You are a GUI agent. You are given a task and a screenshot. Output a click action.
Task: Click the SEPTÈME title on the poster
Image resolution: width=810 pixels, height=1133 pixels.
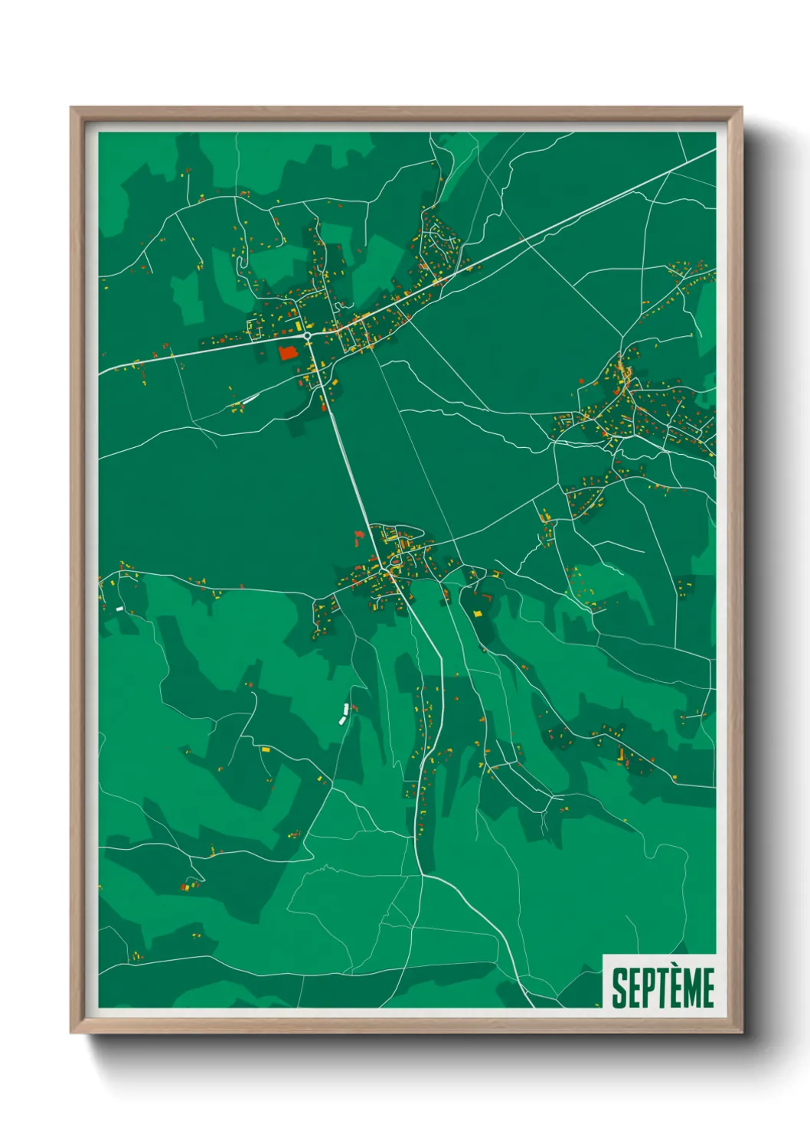click(x=663, y=987)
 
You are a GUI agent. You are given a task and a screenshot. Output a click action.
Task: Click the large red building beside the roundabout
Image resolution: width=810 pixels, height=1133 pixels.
click(x=288, y=352)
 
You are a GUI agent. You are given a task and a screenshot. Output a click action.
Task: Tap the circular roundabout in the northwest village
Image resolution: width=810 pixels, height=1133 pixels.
click(x=307, y=335)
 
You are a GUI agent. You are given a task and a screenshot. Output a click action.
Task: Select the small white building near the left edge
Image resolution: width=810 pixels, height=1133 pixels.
click(x=119, y=608)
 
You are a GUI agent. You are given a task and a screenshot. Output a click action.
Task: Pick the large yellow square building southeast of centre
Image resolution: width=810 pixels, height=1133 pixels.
click(x=478, y=613)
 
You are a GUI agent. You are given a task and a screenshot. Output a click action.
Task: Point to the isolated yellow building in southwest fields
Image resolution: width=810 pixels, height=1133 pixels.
click(x=266, y=749)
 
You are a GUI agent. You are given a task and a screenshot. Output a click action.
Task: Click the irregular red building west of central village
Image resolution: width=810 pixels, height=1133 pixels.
click(x=358, y=537)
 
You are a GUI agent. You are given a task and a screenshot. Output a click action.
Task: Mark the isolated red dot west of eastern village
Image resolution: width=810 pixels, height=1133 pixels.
click(x=583, y=380)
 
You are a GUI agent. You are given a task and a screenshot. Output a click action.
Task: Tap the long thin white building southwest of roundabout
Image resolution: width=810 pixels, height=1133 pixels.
click(x=249, y=399)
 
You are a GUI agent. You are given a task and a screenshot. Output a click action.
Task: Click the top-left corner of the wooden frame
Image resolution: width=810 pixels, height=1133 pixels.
click(x=72, y=109)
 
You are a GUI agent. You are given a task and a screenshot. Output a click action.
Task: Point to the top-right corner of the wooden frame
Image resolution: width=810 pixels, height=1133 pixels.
click(x=741, y=109)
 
